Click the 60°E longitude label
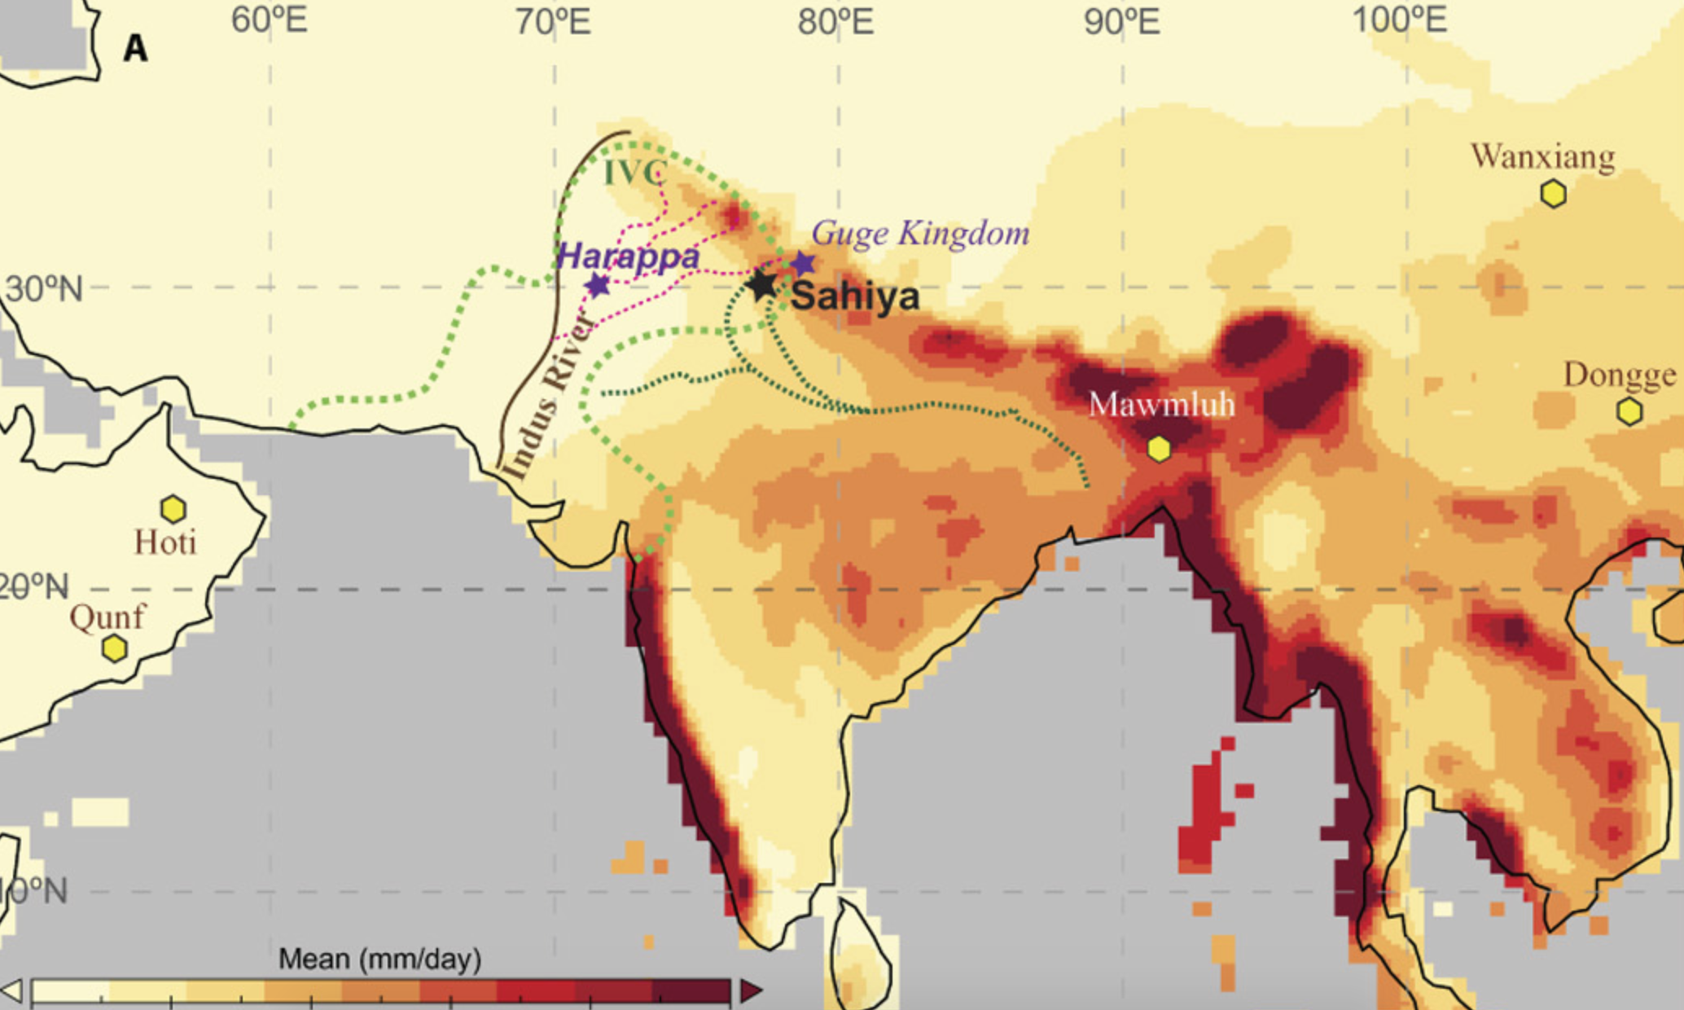pyautogui.click(x=270, y=20)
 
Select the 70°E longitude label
pyautogui.click(x=554, y=21)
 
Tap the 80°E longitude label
pyautogui.click(x=836, y=21)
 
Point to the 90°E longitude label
pyautogui.click(x=1121, y=21)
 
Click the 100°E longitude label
pyautogui.click(x=1400, y=20)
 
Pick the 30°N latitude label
pyautogui.click(x=44, y=288)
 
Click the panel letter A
pyautogui.click(x=135, y=49)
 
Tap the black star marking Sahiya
pyautogui.click(x=763, y=285)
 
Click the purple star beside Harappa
pyautogui.click(x=599, y=285)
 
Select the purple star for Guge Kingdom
pyautogui.click(x=803, y=263)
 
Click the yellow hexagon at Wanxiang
pyautogui.click(x=1553, y=194)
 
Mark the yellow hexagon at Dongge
pyautogui.click(x=1629, y=411)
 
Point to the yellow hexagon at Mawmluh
pyautogui.click(x=1159, y=449)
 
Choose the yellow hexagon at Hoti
pyautogui.click(x=173, y=509)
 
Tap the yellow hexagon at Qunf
pyautogui.click(x=115, y=648)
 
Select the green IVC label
pyautogui.click(x=635, y=173)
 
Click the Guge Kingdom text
pyautogui.click(x=920, y=234)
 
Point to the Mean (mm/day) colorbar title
pyautogui.click(x=379, y=959)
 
